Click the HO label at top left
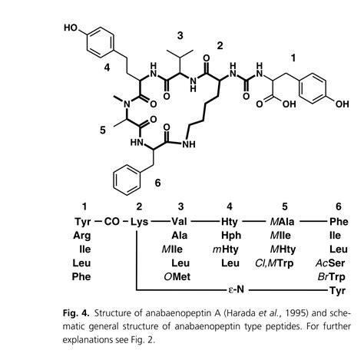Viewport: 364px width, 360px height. pos(71,28)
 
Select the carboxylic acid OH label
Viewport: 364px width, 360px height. pos(290,104)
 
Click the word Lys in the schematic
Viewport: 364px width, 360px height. pos(140,222)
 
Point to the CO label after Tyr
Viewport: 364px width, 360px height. pos(112,221)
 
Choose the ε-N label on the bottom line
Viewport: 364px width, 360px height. pos(236,290)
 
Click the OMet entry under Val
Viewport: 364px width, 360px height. pos(177,276)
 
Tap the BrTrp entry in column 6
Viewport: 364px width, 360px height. pos(331,277)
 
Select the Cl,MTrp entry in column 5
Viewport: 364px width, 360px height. pos(274,263)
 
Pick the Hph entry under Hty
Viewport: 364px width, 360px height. pos(231,236)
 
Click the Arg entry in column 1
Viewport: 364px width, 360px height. pos(82,236)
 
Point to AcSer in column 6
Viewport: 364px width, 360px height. pos(330,263)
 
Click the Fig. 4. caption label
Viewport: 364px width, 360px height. pos(76,313)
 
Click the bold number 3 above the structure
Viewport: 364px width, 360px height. pos(180,35)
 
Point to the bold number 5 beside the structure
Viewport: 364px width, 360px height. pos(103,130)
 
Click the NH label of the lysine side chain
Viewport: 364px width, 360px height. pos(189,144)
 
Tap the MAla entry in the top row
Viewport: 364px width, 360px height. pos(282,222)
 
